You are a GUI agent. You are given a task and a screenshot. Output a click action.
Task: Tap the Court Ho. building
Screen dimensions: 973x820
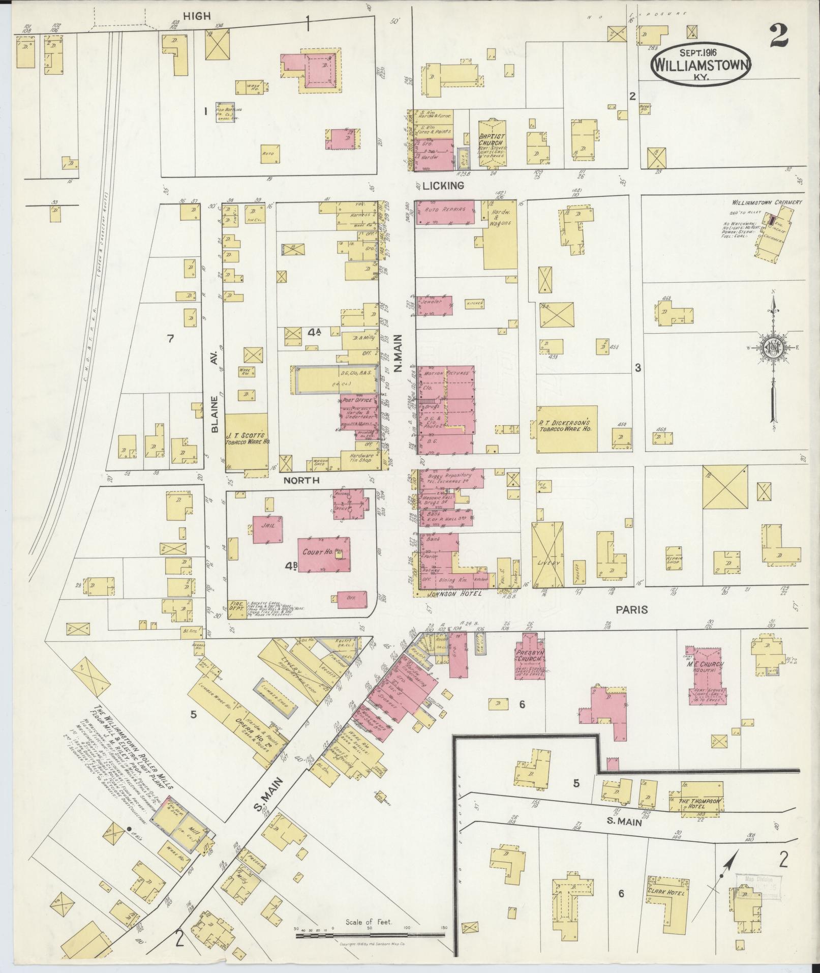(x=323, y=554)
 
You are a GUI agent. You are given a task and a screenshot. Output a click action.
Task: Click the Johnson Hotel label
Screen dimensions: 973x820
(x=447, y=593)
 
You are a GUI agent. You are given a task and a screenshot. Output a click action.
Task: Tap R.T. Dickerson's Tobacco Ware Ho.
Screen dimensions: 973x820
(x=566, y=429)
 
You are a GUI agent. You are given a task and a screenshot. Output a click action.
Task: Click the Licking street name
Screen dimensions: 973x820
(x=446, y=186)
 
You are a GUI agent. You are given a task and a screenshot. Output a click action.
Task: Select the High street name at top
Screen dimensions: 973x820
(x=196, y=16)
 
